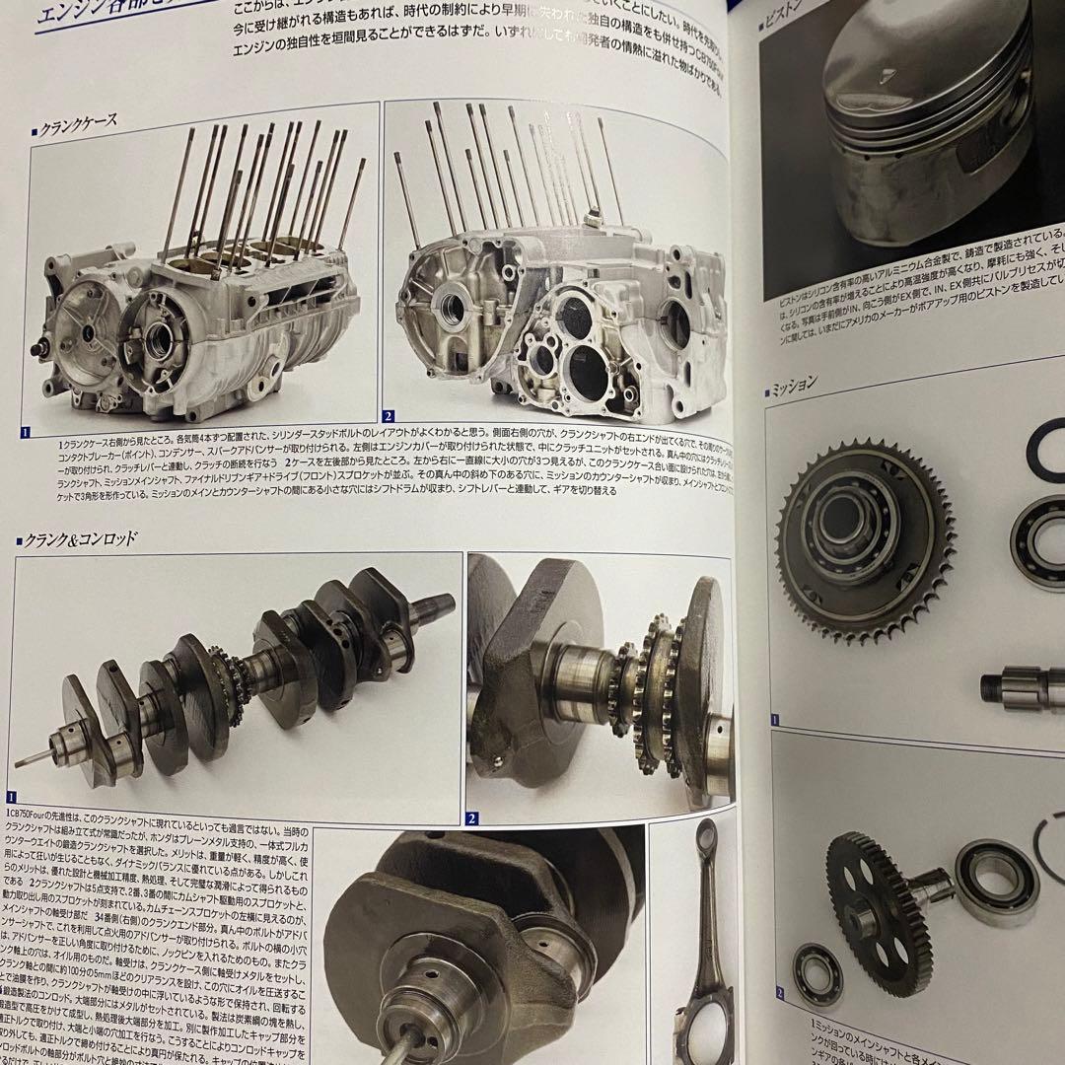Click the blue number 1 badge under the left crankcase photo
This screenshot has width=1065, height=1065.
27,431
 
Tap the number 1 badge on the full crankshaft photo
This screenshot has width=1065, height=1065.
12,796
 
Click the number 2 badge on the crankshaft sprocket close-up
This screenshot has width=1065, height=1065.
472,817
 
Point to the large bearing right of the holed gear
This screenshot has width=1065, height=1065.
996,883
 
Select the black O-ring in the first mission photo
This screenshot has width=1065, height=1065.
1045,449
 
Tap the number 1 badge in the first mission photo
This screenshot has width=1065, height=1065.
775,721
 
